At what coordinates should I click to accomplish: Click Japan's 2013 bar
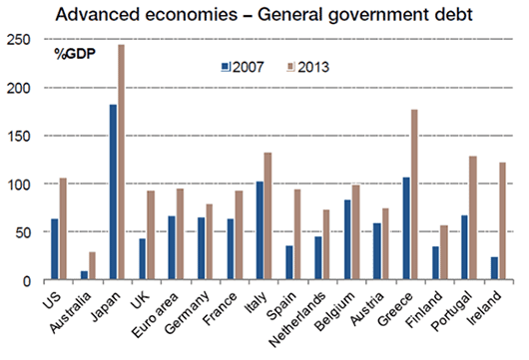[121, 162]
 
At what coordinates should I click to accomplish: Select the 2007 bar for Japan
[113, 191]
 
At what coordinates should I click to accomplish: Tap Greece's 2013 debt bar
[414, 194]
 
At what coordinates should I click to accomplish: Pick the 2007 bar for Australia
[84, 275]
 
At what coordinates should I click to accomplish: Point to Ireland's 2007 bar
[495, 268]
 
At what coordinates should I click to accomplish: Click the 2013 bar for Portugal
[473, 217]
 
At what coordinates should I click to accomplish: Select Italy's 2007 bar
[260, 230]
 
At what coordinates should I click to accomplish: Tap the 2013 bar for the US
[63, 228]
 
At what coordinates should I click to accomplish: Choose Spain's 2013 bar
[297, 234]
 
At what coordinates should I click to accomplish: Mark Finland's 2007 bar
[436, 262]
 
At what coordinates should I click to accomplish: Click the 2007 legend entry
[243, 67]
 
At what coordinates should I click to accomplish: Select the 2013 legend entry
[308, 67]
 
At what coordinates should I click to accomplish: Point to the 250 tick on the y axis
[19, 40]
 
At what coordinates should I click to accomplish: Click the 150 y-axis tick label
[19, 136]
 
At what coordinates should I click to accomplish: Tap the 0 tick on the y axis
[27, 281]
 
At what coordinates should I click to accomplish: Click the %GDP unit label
[75, 54]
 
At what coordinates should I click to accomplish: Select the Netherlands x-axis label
[297, 319]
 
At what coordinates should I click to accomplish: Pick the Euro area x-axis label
[155, 315]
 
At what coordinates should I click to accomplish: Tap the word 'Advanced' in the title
[98, 15]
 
